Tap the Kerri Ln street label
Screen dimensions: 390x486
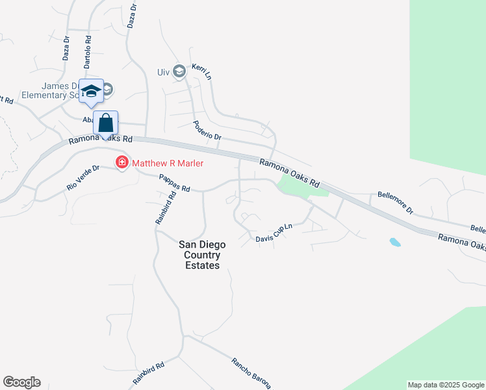(202, 71)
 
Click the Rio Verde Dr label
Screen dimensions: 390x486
(83, 177)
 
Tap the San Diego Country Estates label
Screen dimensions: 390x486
(202, 255)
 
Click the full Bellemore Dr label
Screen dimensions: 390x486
(396, 202)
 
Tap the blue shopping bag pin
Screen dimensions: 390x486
(105, 123)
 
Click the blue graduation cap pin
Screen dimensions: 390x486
(91, 91)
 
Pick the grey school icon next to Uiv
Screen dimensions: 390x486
(180, 71)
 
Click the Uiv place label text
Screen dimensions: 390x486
(164, 72)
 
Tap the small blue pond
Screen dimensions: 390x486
(394, 242)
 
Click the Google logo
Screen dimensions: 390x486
(21, 382)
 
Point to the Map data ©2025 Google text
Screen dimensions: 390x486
(446, 385)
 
